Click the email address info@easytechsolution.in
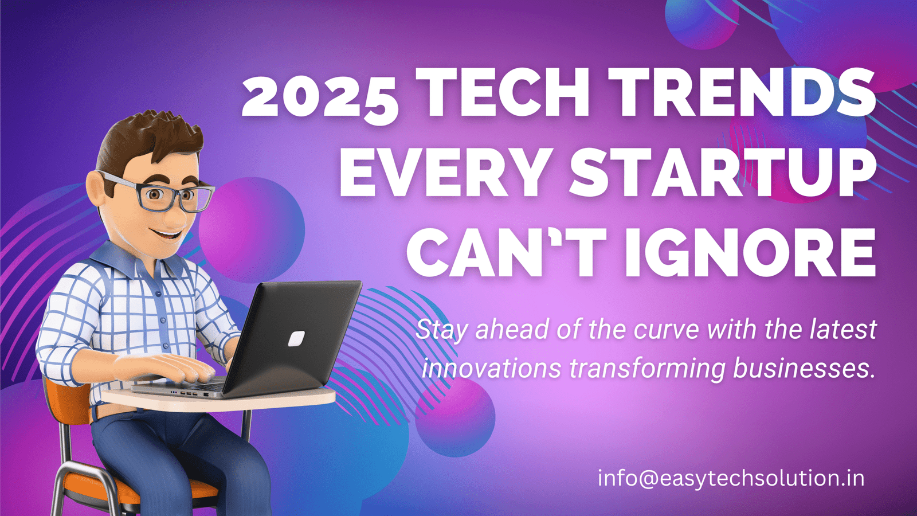[731, 478]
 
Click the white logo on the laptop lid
[297, 338]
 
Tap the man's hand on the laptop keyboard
[172, 366]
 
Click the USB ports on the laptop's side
[189, 393]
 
